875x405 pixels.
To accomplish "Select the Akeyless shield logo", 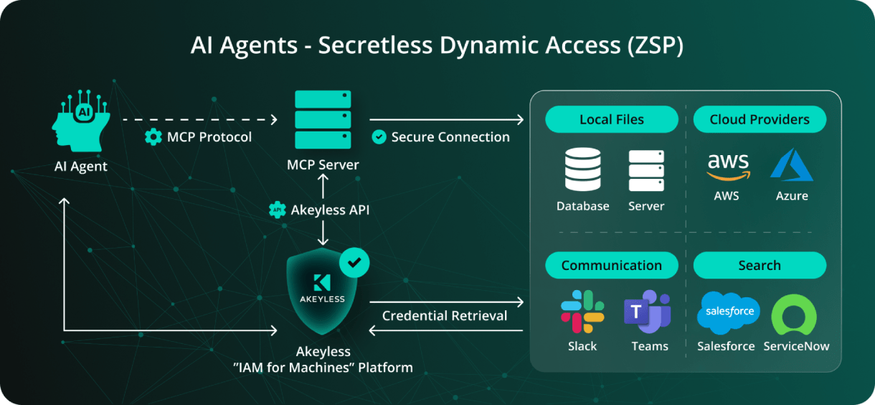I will click(322, 292).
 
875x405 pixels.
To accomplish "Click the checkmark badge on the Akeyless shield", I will click(354, 263).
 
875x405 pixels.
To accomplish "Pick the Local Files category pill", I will click(611, 120).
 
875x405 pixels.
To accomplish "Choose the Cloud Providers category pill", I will click(760, 120).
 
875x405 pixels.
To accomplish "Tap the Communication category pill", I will click(611, 266).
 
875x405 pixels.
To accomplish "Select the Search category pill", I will click(760, 266).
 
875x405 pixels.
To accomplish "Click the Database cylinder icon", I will click(582, 170).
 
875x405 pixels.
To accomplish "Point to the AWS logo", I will click(727, 167).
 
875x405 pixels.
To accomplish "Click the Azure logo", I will click(791, 165).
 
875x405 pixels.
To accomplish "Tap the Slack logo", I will click(582, 312).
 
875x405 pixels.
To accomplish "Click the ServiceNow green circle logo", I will click(794, 315).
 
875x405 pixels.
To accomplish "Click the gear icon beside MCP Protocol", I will click(153, 137).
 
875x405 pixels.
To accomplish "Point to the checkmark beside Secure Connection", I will click(379, 137).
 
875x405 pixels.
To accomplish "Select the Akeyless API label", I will click(329, 210).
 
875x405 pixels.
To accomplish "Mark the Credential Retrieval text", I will click(445, 316).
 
